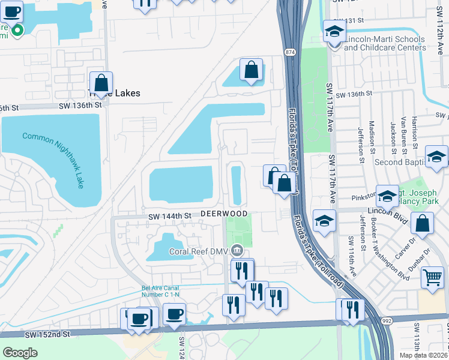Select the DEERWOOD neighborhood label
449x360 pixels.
pyautogui.click(x=224, y=214)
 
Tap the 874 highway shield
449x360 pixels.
pyautogui.click(x=291, y=53)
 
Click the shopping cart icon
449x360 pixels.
pyautogui.click(x=432, y=277)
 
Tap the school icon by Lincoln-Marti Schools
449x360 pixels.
pyautogui.click(x=334, y=32)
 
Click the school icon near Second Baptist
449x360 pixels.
pyautogui.click(x=436, y=157)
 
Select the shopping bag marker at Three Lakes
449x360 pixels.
pyautogui.click(x=101, y=83)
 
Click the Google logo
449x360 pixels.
pyautogui.click(x=20, y=353)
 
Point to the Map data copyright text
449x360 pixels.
pyautogui.click(x=423, y=355)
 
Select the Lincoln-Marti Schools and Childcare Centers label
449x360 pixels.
pyautogui.click(x=385, y=43)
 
